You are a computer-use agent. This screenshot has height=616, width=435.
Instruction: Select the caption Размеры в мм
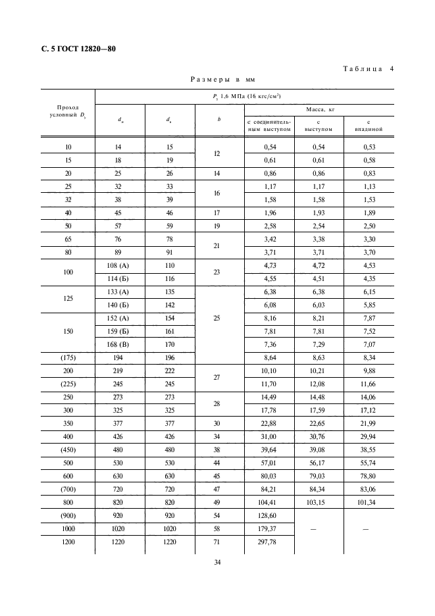[x=222, y=80]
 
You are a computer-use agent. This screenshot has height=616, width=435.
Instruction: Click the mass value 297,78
[x=269, y=544]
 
